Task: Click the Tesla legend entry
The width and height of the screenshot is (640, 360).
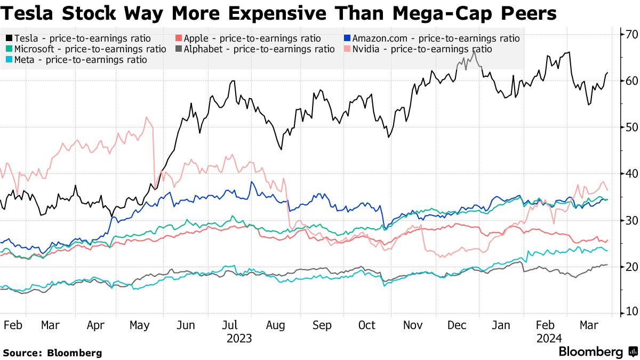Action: point(78,38)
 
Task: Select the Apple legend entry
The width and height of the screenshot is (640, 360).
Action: point(248,38)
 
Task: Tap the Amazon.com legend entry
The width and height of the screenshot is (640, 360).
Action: point(431,38)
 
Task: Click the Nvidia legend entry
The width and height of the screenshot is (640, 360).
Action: point(419,49)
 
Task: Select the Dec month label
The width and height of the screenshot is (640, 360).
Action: point(455,325)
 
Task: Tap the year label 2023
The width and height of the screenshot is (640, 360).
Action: point(239,338)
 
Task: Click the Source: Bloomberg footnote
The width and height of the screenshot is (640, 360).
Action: point(52,353)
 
